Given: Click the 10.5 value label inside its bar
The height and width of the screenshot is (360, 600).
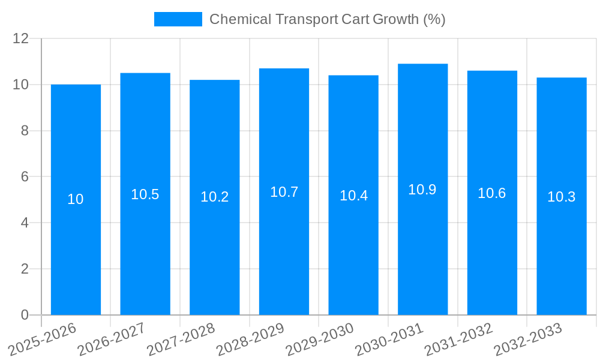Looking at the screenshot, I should click(145, 194).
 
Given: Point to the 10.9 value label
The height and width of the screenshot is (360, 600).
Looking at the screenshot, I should click(422, 190).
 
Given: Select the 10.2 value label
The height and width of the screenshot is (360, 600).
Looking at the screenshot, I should click(215, 197).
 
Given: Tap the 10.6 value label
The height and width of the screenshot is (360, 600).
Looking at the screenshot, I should click(492, 193).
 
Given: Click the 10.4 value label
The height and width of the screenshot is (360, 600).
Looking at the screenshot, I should click(353, 196).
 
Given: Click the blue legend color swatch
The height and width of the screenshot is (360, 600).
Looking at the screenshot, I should click(178, 19).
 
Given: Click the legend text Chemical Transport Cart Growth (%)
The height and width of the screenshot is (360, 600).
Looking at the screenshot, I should click(327, 19).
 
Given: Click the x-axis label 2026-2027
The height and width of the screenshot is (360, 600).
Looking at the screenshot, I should click(112, 339).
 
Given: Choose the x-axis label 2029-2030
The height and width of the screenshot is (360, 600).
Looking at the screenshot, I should click(320, 339).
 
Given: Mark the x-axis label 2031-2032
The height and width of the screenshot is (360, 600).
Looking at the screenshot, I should click(459, 339).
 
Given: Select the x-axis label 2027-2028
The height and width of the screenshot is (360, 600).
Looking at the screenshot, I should click(181, 339).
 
